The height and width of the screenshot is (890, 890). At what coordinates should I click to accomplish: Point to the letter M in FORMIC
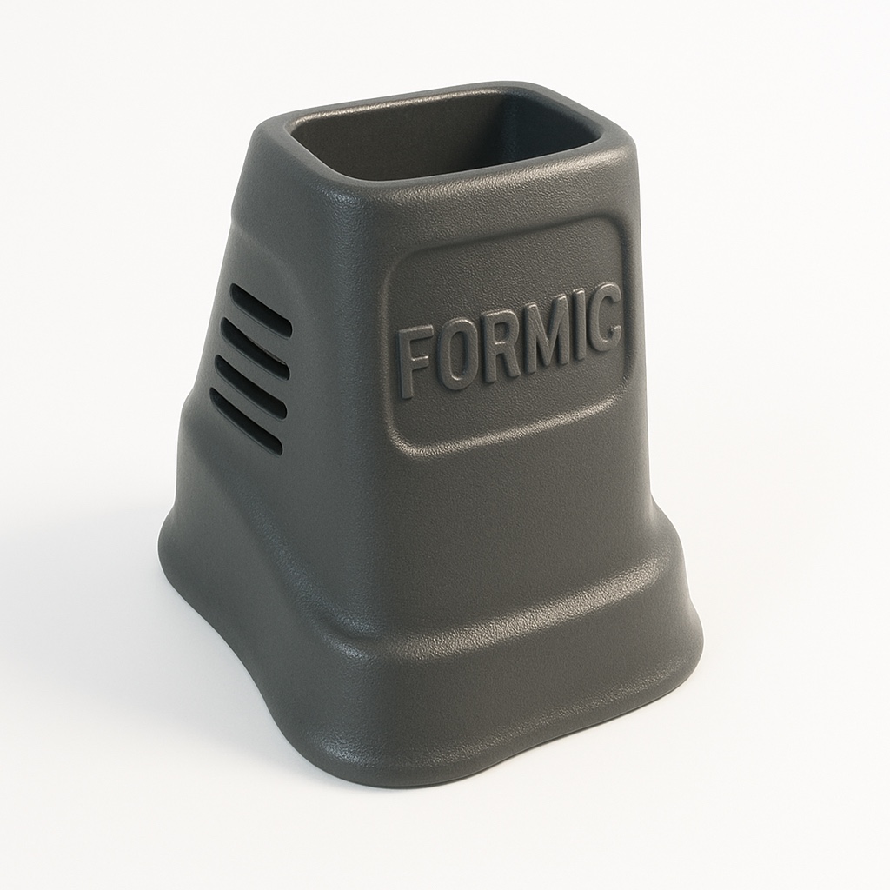[546, 331]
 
